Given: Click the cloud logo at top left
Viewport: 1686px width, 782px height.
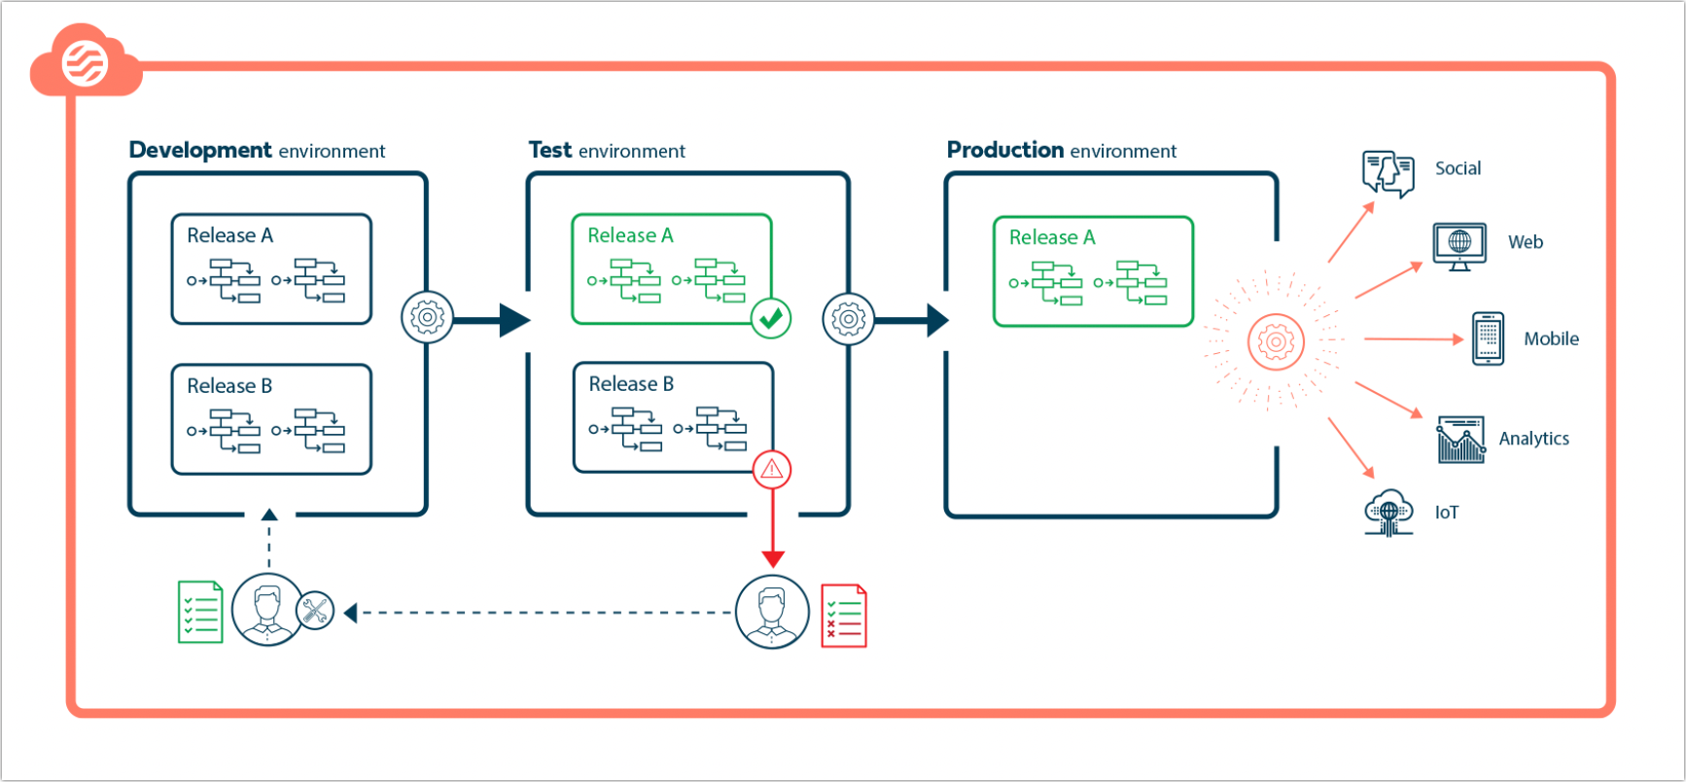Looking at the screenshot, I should [x=85, y=62].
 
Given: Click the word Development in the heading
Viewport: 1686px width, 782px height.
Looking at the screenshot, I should [x=200, y=150].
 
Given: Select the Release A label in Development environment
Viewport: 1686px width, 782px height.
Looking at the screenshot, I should [x=229, y=235].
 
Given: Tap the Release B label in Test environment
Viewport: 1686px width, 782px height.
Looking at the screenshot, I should [x=631, y=384].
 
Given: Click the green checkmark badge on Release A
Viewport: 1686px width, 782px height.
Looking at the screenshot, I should [x=771, y=318].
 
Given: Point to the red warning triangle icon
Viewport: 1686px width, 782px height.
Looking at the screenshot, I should [x=772, y=470].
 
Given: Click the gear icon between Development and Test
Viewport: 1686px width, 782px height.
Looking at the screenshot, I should [x=427, y=317].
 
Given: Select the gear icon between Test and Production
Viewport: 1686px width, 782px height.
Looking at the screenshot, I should [x=848, y=319].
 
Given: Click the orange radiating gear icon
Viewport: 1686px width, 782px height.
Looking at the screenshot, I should [x=1275, y=341].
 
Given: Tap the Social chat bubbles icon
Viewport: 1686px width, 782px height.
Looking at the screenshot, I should [x=1387, y=173].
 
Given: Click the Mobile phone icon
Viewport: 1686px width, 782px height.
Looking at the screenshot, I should [x=1488, y=338].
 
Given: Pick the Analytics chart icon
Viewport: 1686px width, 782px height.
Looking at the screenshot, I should [x=1460, y=440].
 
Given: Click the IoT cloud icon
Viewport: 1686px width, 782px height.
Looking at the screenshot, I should [x=1388, y=513].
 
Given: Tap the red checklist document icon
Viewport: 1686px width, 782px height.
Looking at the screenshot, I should [x=843, y=616].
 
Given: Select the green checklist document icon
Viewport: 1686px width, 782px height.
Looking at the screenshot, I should [x=200, y=612].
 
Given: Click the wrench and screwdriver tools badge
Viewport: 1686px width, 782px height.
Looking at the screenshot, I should [x=315, y=611].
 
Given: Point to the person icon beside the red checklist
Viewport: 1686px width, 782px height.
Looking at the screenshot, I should [x=772, y=612].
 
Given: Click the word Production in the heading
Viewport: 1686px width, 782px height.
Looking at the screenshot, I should [x=1005, y=150].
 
